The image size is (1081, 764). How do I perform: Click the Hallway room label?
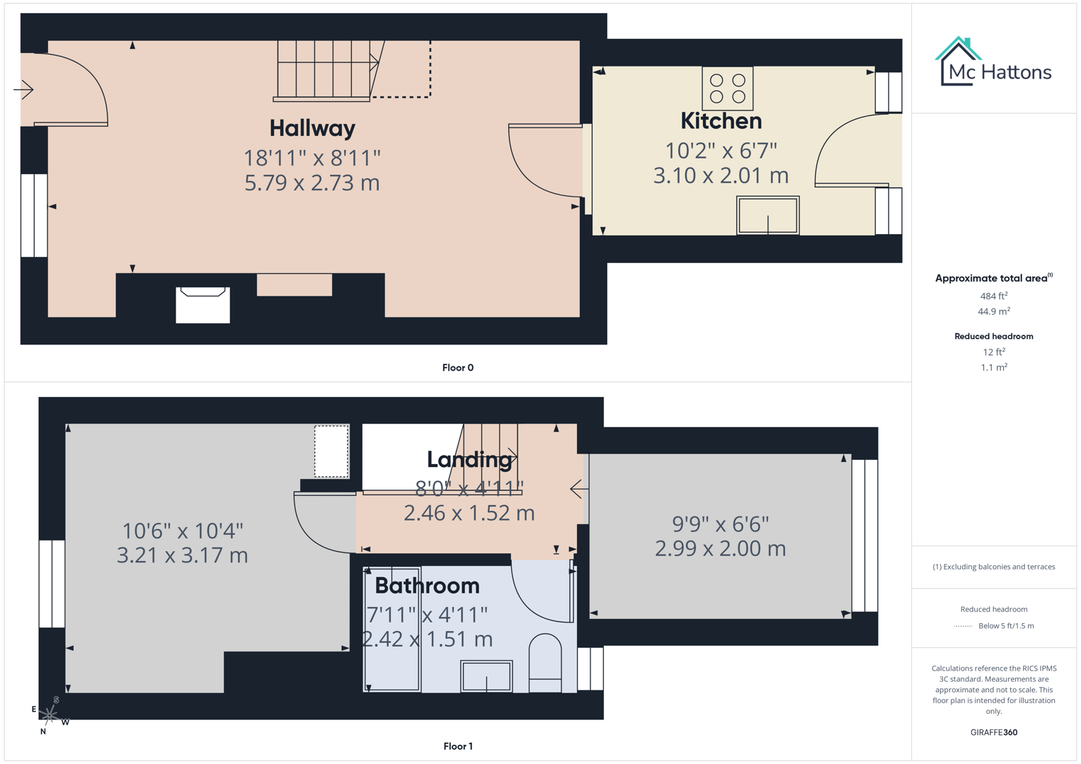point(312,128)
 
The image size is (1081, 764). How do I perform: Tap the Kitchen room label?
point(721,121)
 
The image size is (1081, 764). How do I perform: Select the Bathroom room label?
point(427,586)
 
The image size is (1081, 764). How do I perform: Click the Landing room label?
point(469,460)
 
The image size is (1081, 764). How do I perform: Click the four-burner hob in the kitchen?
point(727,88)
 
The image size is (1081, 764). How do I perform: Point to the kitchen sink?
point(767,215)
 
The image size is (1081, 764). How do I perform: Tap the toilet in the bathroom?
point(545,663)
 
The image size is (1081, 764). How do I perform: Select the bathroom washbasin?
point(486,676)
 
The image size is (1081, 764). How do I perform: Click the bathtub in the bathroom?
point(392,628)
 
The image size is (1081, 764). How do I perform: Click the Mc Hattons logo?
point(994,63)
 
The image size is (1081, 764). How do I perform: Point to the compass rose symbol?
point(50,715)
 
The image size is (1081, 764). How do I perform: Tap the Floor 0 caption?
point(457,368)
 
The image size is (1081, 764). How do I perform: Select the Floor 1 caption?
point(457,746)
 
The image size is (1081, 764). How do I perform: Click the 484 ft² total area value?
point(993,296)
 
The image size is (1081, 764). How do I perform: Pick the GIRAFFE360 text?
point(993,732)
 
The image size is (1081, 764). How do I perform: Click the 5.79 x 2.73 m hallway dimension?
point(312,183)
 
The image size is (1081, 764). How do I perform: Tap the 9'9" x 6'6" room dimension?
point(720,524)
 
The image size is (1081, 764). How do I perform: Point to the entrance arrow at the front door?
point(24,90)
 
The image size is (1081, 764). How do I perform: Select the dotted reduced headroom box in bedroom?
point(331,451)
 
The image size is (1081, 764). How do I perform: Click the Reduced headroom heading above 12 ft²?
point(993,336)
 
